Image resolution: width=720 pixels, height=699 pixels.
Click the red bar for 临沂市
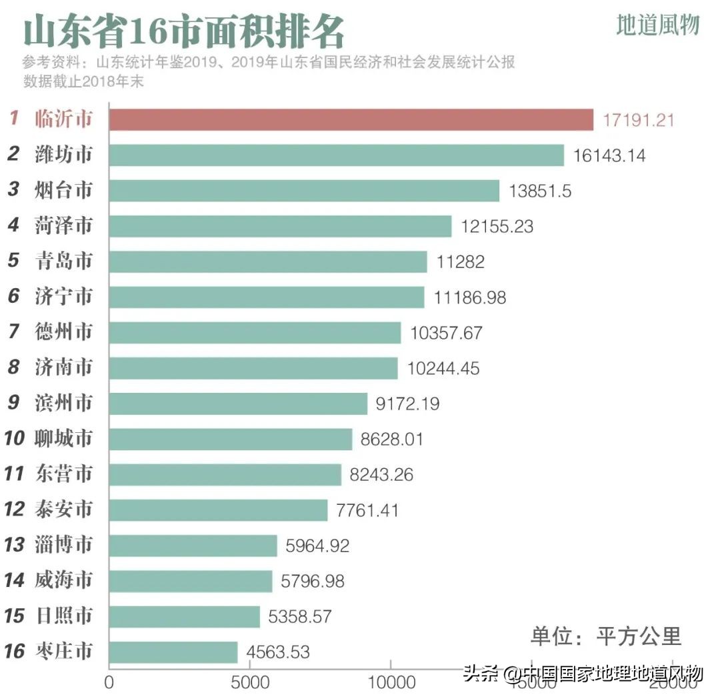(351, 120)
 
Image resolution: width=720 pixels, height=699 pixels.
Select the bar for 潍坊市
(336, 155)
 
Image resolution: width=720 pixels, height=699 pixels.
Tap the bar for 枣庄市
(173, 652)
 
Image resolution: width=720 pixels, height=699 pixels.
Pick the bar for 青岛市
(267, 261)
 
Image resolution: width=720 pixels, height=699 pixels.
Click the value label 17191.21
(639, 121)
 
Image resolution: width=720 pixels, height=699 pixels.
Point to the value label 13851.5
(540, 191)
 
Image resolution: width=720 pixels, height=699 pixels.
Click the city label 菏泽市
(63, 225)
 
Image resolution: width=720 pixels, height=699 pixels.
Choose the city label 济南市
(63, 368)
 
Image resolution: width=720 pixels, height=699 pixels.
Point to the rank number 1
(13, 120)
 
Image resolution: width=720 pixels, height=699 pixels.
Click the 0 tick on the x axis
(109, 683)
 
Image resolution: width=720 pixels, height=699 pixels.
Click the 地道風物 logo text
(657, 25)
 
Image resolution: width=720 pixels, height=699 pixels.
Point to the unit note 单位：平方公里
(606, 636)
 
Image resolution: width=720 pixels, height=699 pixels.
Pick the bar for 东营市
(225, 474)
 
